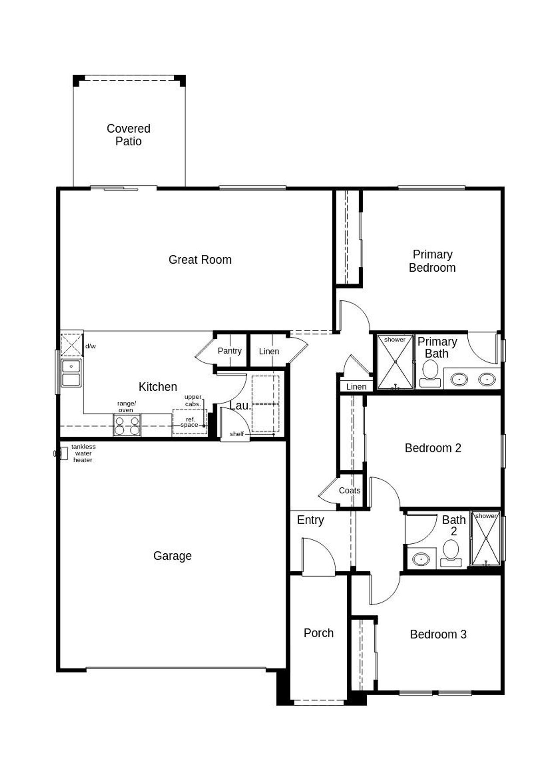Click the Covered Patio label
[128, 135]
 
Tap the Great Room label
[200, 260]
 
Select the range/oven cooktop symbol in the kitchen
[127, 425]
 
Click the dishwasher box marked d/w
[72, 345]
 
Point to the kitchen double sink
[71, 373]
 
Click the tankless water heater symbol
[63, 453]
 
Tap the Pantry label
[229, 351]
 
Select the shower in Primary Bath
[395, 362]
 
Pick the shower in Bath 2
[486, 538]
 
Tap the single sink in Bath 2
[421, 559]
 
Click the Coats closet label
[349, 490]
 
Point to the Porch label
[318, 633]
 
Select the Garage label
[172, 556]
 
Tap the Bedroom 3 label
[438, 634]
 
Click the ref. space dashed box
[190, 422]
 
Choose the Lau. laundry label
[240, 406]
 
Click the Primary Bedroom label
[432, 261]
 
